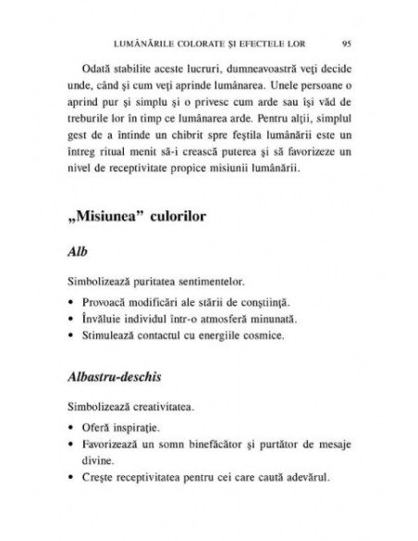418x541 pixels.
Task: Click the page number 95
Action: coord(344,42)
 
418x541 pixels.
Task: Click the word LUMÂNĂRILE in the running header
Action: coord(144,42)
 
